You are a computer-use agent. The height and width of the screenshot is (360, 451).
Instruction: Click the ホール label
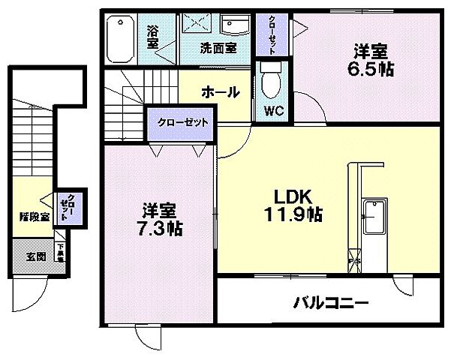220,92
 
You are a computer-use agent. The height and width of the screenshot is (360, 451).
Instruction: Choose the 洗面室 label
218,47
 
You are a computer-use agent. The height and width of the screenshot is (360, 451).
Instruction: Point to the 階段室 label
34,218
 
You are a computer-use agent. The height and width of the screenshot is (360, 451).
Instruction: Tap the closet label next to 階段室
70,205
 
